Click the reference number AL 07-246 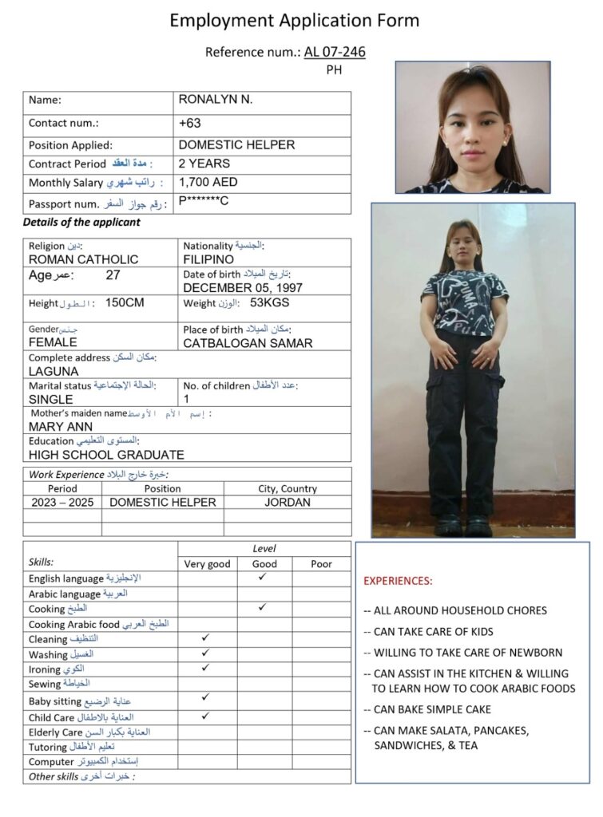(335, 52)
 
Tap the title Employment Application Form (294, 21)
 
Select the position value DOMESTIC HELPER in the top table (236, 145)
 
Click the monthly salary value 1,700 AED (208, 183)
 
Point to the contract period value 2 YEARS (204, 164)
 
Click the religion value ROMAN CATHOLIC (83, 259)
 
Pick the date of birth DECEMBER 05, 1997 (243, 287)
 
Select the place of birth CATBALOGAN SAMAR (248, 343)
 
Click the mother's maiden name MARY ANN (60, 427)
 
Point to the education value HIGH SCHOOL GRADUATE (106, 455)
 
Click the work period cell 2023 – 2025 (62, 503)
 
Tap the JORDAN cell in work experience (288, 503)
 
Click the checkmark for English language (264, 577)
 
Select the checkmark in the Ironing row (206, 667)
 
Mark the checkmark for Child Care (206, 716)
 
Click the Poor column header (321, 564)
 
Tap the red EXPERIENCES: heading (398, 581)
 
